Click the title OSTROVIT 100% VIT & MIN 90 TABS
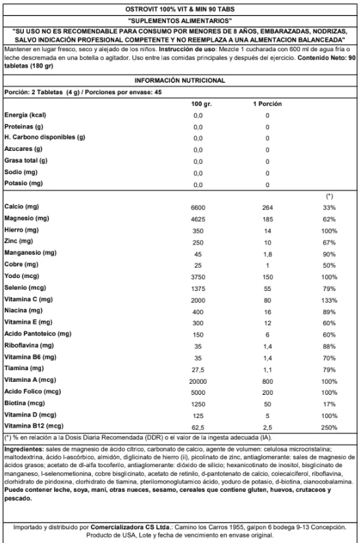[180, 9]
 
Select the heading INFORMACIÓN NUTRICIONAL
[180, 81]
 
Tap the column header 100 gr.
[202, 104]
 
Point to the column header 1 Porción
[267, 104]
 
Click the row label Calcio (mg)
[21, 207]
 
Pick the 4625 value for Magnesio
[198, 219]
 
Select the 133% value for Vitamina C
[329, 301]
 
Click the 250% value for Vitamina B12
[329, 428]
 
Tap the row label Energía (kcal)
[25, 115]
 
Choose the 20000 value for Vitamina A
[198, 382]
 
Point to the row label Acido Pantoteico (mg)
[38, 334]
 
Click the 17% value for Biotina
[329, 404]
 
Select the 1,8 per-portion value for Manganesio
[268, 255]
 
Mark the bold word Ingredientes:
[25, 449]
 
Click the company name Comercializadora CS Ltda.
[130, 527]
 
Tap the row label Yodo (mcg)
[21, 276]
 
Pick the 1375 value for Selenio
[198, 289]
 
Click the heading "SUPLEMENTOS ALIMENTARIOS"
[180, 20]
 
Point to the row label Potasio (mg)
[23, 183]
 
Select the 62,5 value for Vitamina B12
[198, 428]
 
